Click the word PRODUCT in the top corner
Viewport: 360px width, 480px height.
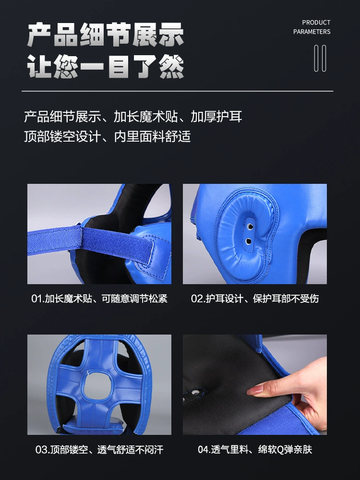pos(316,23)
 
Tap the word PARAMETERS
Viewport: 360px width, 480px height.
pos(312,32)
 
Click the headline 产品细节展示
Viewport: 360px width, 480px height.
pos(106,35)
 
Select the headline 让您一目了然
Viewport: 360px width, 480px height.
pos(106,66)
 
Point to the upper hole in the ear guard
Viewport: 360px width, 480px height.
pos(250,227)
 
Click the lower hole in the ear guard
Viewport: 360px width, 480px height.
pos(249,241)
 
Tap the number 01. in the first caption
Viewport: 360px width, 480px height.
pos(38,299)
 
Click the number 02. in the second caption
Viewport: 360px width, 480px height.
pos(198,299)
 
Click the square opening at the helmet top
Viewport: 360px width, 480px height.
pos(98,386)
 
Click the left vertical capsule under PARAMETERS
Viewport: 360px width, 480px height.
pos(316,58)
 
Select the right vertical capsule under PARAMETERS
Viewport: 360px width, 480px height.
pos(324,58)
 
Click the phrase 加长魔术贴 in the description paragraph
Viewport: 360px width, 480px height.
pos(146,116)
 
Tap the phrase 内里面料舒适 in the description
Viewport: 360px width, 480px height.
pos(153,136)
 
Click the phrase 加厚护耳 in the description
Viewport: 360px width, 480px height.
pos(216,116)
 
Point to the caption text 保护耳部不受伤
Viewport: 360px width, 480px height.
pos(286,299)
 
